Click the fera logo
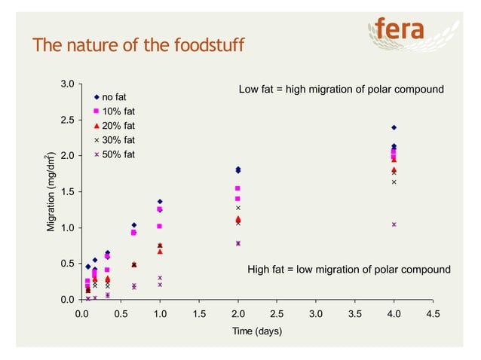(400, 30)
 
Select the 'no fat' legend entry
(114, 97)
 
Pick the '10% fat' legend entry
(118, 111)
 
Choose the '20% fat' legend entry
(118, 126)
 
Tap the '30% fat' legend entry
(118, 140)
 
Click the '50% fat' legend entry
(118, 154)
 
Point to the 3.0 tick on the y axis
(67, 84)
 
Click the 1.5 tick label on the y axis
(67, 192)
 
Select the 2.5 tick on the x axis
(277, 314)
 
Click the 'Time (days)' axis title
(257, 332)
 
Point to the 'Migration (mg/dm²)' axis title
(51, 192)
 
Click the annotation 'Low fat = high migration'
(341, 90)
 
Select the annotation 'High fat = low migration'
(349, 270)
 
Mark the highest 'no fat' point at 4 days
(394, 127)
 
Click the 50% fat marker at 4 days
(394, 224)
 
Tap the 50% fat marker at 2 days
(238, 243)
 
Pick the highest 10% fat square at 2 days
(238, 188)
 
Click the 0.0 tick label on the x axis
(82, 314)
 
